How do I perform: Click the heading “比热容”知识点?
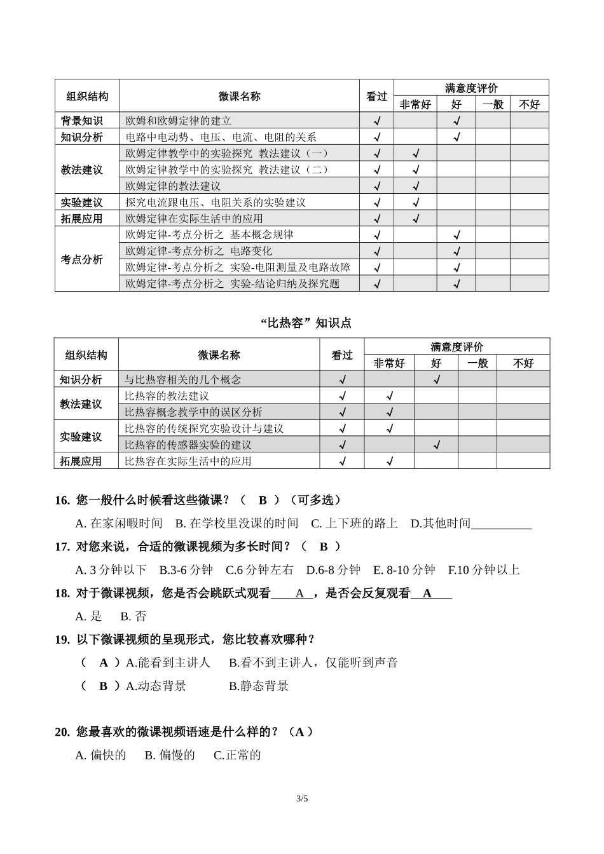306,323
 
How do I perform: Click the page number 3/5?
301,799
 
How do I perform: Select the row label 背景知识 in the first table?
81,121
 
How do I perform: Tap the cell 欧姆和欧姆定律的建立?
179,121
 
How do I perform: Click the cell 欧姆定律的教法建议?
173,186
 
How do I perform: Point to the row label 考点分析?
81,259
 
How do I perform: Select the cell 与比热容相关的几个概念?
183,379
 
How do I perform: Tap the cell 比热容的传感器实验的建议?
188,445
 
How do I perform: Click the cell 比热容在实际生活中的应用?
188,461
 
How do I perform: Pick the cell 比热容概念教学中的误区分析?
193,412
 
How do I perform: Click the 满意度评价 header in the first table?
471,88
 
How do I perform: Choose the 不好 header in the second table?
523,363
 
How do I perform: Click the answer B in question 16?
263,501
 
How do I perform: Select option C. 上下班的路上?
354,524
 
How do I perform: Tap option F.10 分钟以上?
484,570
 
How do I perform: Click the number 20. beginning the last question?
62,732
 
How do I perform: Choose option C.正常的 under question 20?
237,756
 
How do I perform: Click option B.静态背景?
259,686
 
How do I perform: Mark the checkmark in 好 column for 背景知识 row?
456,121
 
